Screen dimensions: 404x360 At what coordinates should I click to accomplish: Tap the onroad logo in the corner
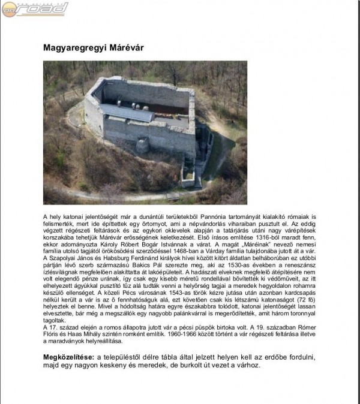tap(35, 8)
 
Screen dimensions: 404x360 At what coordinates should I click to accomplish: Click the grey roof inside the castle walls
tap(127, 112)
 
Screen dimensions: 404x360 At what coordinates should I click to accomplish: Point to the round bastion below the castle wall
tap(142, 145)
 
